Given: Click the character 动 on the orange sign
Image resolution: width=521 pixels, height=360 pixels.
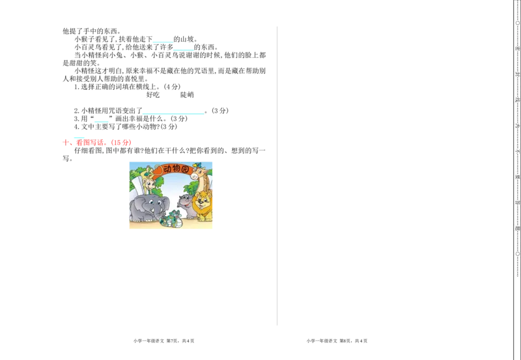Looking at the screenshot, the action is (x=167, y=169).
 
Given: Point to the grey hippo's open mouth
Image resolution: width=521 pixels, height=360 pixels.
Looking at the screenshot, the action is (x=185, y=204).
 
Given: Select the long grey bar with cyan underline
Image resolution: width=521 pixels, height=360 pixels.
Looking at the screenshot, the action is (x=173, y=112).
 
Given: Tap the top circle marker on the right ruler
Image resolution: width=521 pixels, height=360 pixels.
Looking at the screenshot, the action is (x=518, y=23).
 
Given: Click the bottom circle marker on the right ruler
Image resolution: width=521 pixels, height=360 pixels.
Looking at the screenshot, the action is (x=518, y=254).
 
